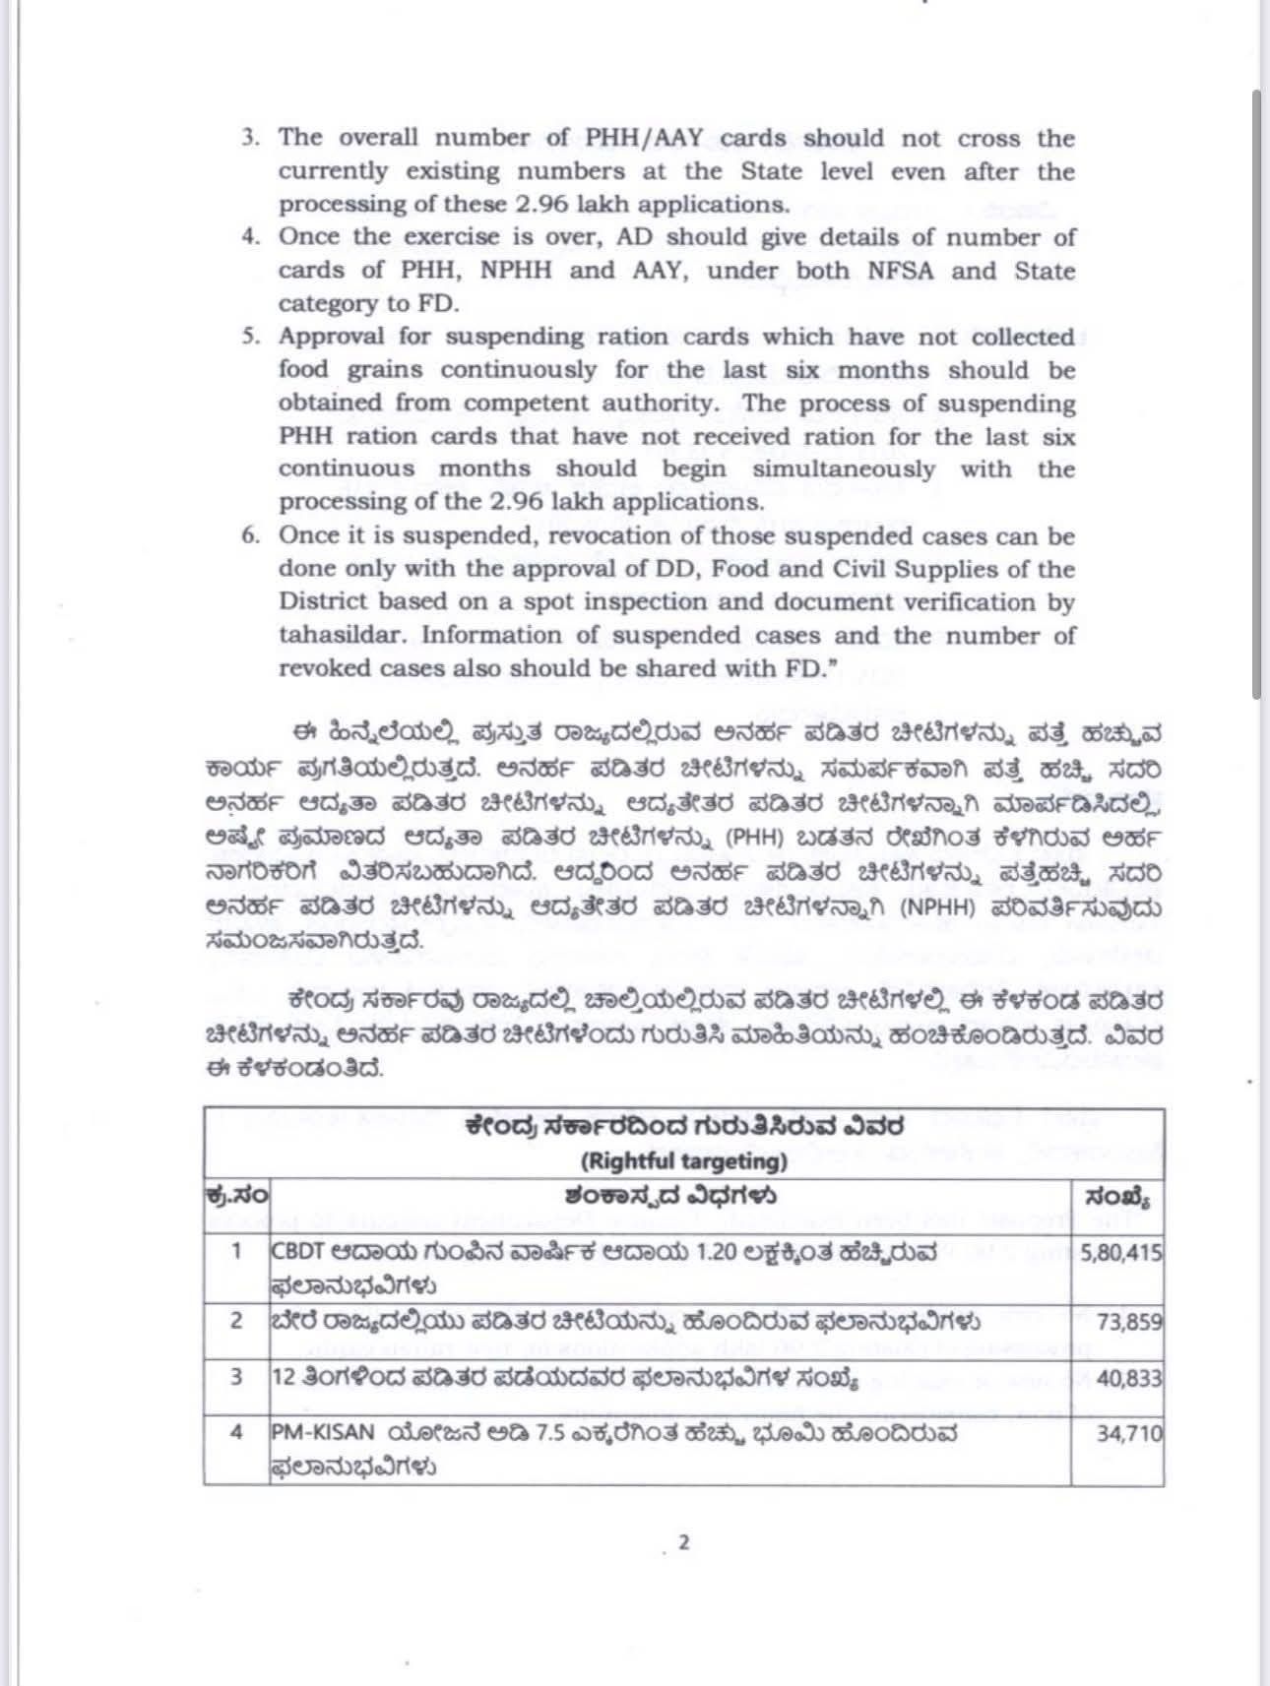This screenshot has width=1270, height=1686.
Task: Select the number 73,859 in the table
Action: [x=1129, y=1322]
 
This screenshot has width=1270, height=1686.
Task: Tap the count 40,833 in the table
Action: [x=1128, y=1378]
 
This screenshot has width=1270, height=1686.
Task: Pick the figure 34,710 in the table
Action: [x=1128, y=1432]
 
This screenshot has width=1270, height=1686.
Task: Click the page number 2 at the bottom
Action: [x=683, y=1542]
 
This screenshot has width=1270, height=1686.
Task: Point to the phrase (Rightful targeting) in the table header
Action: [x=683, y=1161]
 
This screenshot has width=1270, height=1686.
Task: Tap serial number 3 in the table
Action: [x=236, y=1376]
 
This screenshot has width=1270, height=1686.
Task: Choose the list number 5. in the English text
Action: [x=250, y=337]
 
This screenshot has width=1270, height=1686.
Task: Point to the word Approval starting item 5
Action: [x=333, y=337]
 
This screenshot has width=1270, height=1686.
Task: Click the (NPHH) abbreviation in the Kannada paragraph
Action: [x=938, y=906]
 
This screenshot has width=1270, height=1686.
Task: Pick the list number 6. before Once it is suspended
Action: [x=250, y=535]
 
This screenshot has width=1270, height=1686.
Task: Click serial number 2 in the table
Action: [x=236, y=1320]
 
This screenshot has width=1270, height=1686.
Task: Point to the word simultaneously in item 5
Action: [x=844, y=469]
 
